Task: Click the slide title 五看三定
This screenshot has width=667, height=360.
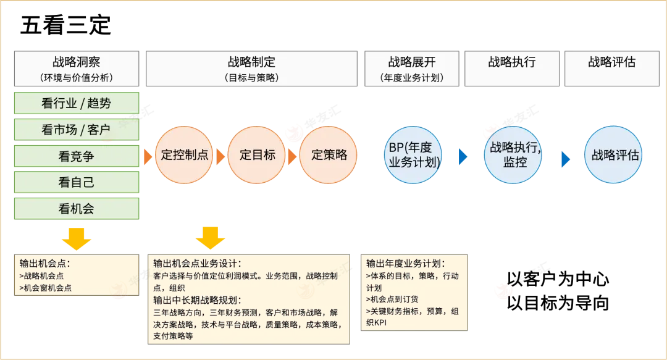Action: (65, 25)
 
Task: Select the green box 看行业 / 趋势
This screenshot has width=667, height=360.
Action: (77, 103)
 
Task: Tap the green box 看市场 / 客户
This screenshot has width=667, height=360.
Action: (77, 129)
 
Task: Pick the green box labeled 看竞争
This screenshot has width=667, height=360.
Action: (77, 156)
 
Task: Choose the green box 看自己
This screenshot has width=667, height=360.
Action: (77, 182)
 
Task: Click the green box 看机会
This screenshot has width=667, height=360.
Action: (77, 209)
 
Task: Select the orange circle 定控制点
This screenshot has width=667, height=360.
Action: (184, 155)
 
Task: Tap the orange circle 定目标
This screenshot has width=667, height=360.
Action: (256, 155)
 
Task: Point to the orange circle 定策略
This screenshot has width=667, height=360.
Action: (329, 155)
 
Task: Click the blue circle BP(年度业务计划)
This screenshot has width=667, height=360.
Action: (413, 155)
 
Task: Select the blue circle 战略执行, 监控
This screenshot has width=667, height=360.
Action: (513, 155)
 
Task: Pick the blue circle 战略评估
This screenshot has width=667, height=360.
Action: (613, 154)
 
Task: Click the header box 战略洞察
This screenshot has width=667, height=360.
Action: (77, 69)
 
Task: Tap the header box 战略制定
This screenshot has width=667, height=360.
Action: (252, 69)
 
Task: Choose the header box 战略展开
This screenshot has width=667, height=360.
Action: (412, 69)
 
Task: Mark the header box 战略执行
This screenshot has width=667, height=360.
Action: (512, 69)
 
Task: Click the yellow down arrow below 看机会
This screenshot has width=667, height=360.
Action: (77, 239)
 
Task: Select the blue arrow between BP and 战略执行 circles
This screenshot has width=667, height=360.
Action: (463, 157)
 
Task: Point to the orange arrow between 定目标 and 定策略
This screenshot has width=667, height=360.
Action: (292, 157)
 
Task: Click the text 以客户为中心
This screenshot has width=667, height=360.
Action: (558, 279)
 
